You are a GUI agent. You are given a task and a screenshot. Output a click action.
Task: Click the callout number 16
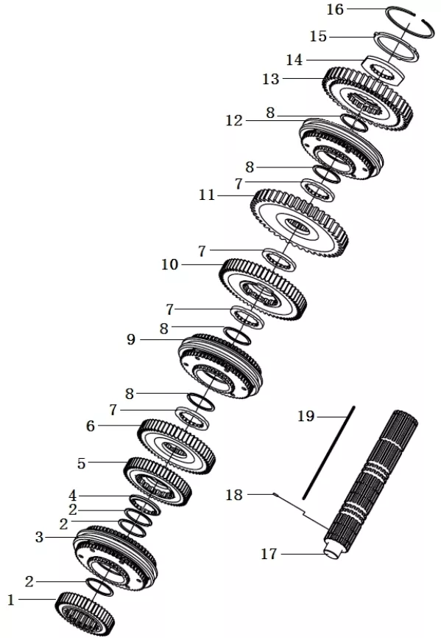[x=336, y=9]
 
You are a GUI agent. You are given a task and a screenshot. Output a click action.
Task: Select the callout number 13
[x=271, y=78]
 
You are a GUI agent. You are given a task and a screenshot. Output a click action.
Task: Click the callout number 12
[x=234, y=120]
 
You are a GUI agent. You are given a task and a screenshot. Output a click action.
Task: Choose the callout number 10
[x=170, y=265]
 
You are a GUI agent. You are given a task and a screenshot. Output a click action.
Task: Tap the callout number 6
[x=90, y=426]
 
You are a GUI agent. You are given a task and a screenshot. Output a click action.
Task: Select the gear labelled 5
[x=158, y=482]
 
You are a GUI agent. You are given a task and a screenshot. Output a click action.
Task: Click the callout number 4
[x=72, y=496]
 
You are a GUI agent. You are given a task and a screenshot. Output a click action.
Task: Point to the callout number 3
[x=39, y=537]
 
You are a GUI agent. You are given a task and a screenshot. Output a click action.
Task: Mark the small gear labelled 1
[x=85, y=615]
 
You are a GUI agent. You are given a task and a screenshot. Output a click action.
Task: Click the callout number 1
[x=11, y=600]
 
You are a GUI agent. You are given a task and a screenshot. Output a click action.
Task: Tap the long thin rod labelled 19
[x=328, y=452]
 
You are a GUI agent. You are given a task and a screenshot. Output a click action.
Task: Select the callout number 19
[x=306, y=416]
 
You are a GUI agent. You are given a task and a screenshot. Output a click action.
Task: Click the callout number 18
[x=234, y=495]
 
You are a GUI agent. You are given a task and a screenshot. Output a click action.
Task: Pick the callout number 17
[x=269, y=554]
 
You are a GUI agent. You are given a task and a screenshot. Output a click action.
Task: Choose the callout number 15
[x=318, y=37]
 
